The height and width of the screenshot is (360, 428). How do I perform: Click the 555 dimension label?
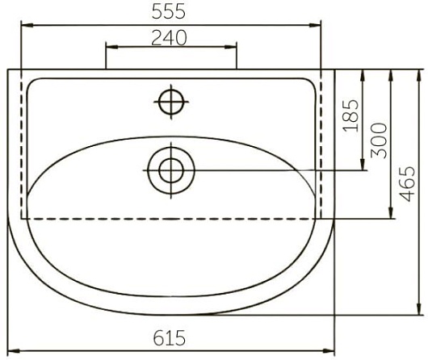click(x=169, y=12)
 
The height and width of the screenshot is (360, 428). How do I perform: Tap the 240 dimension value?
click(x=169, y=38)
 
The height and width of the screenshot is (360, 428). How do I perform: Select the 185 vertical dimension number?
click(x=351, y=115)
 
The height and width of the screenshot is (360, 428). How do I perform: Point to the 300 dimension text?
click(x=379, y=140)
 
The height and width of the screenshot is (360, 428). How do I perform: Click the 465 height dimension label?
click(x=407, y=184)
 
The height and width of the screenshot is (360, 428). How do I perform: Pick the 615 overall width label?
click(x=170, y=338)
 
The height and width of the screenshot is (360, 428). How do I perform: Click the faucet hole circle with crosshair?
click(x=171, y=102)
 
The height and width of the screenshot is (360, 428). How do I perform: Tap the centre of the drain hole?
click(x=171, y=170)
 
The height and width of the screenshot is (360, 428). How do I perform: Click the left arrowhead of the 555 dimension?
click(x=27, y=25)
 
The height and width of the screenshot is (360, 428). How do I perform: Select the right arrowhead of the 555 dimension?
click(x=315, y=25)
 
